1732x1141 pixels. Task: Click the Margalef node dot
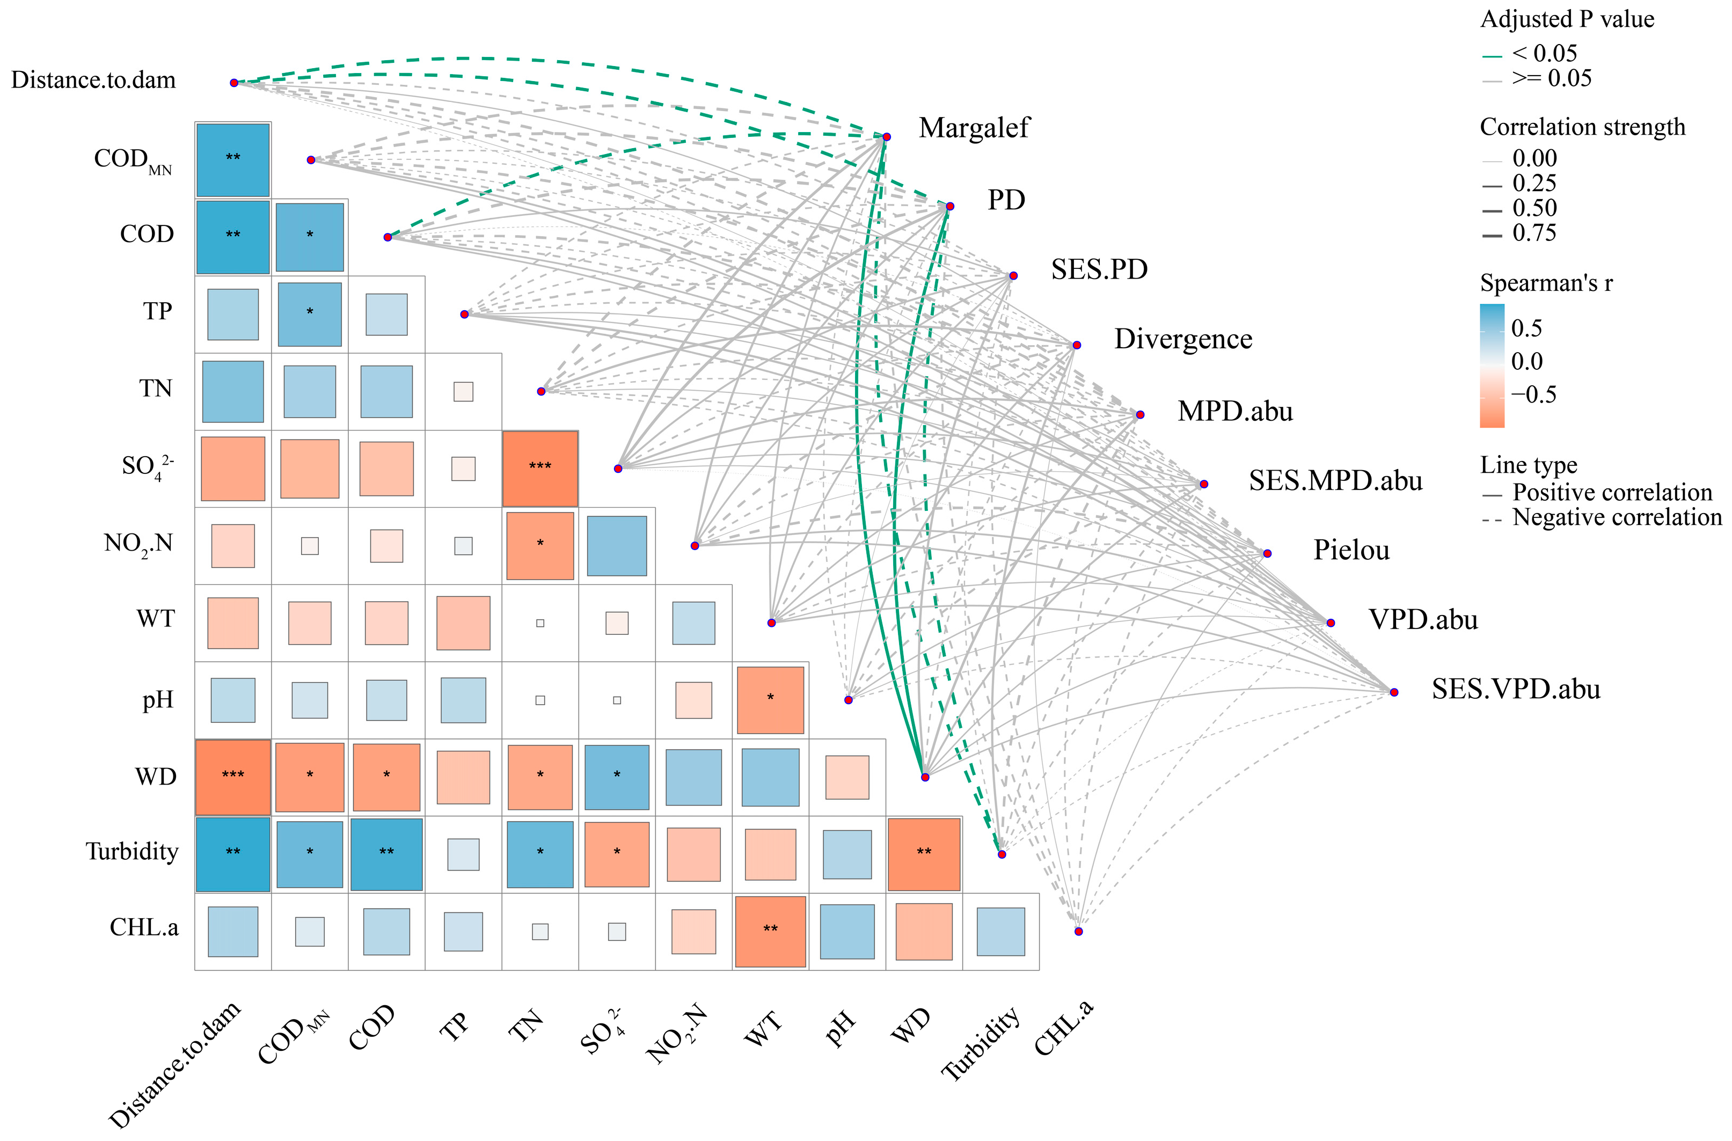click(886, 137)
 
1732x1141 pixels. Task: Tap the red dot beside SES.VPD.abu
click(1394, 692)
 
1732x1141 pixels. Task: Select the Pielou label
click(1351, 550)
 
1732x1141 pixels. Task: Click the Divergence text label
click(1182, 339)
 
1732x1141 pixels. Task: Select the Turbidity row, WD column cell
click(924, 853)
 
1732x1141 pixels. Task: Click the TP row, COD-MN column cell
click(309, 313)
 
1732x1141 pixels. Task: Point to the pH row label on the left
click(158, 700)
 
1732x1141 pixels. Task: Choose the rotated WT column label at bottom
click(762, 1029)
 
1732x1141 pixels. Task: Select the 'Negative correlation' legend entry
click(1616, 517)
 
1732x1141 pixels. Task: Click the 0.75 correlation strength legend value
click(1534, 233)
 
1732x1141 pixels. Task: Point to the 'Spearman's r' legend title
click(1546, 282)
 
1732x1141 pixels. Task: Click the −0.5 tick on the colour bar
click(1533, 394)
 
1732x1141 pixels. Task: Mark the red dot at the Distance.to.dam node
click(233, 83)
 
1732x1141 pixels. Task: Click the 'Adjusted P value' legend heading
click(1567, 19)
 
